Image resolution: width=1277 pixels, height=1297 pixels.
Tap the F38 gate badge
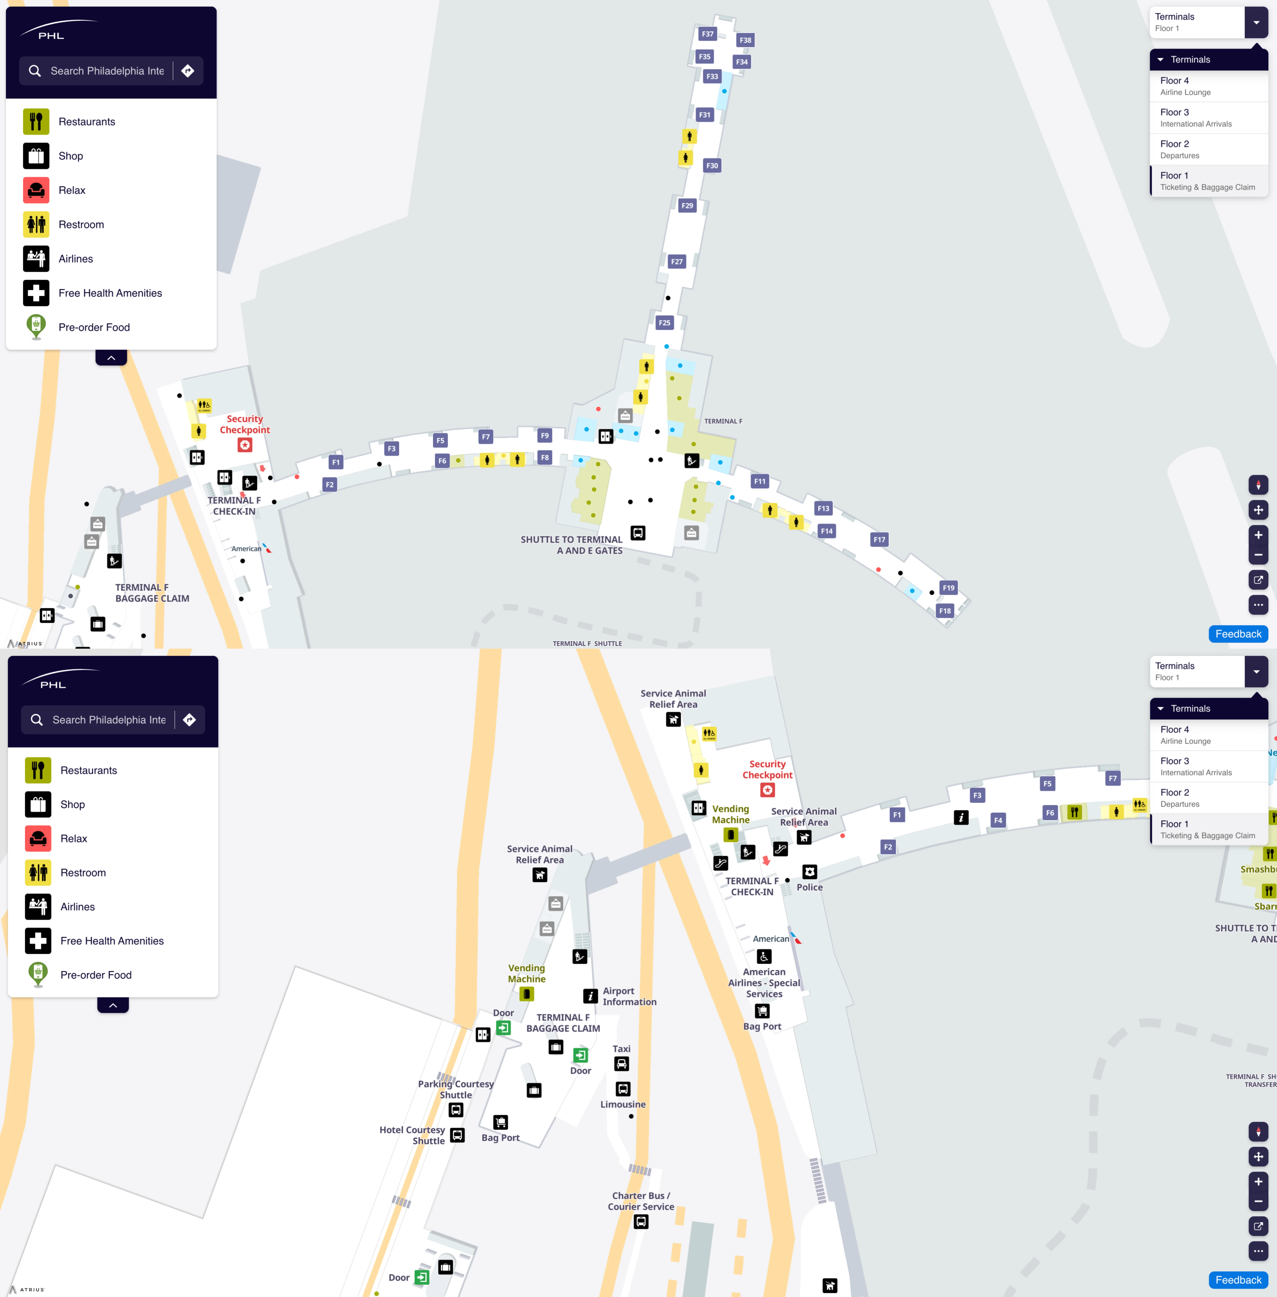coord(745,40)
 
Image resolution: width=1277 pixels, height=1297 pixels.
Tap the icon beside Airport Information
coord(590,996)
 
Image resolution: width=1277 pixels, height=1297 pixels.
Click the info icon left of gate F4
coord(961,817)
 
